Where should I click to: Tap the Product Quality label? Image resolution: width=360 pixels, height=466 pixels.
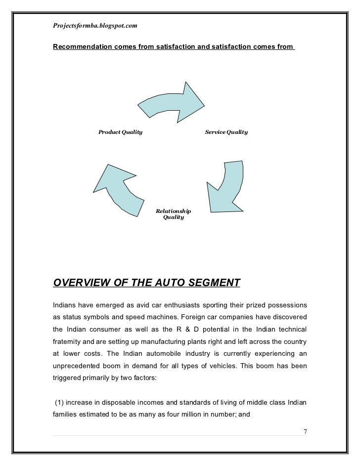tap(120, 132)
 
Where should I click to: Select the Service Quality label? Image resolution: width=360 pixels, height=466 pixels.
tap(226, 132)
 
